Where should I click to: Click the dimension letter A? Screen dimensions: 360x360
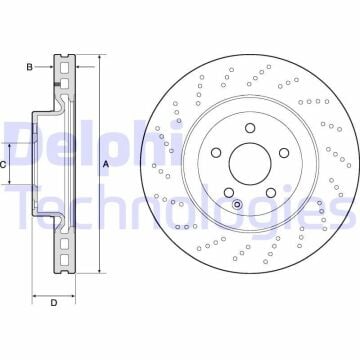106,164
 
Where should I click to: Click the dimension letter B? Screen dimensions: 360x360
30,67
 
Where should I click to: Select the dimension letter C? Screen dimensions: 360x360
3,164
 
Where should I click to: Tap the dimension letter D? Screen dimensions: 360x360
54,303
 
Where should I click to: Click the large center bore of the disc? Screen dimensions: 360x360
250,164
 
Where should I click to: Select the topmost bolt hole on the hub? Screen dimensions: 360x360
250,128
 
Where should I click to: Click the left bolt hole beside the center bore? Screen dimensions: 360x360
216,153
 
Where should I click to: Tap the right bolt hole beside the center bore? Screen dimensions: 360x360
284,153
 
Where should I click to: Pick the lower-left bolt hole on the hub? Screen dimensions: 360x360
229,193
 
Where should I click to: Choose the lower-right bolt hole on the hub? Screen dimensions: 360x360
271,193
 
